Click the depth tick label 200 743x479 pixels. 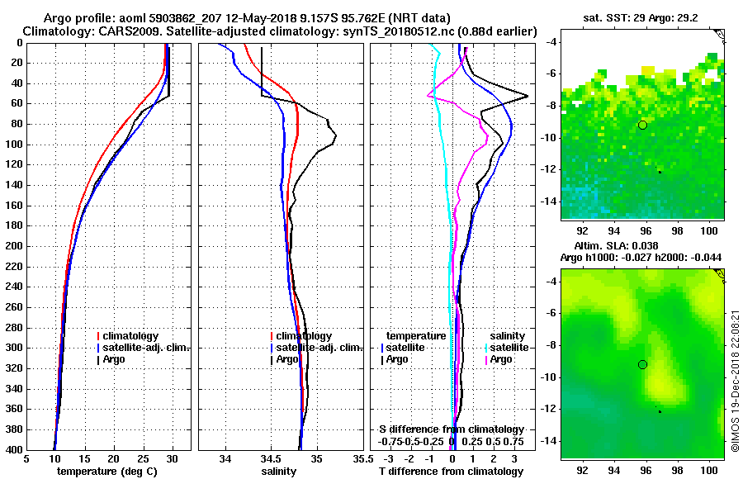point(13,246)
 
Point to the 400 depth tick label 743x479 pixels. point(13,449)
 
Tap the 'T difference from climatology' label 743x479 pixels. point(451,471)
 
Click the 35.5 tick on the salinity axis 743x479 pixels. point(360,458)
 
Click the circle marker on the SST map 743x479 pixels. point(642,125)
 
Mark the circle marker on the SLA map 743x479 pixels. point(642,364)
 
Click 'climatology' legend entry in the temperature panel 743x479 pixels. point(132,336)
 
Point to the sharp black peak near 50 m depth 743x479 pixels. point(527,96)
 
